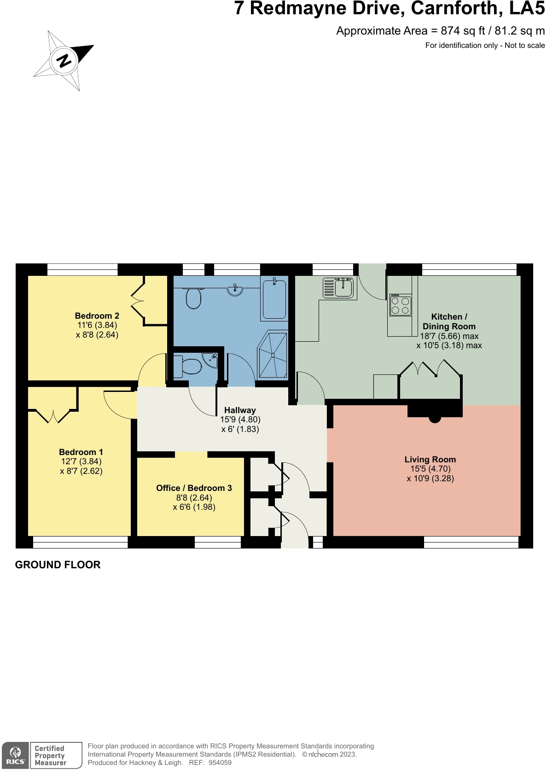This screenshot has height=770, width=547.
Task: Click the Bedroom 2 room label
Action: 97,315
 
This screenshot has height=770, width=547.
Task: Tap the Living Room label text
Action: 430,459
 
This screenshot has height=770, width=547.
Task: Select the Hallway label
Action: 240,410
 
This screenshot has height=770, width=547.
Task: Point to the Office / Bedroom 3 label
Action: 194,488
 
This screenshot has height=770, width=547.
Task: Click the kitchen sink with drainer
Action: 338,288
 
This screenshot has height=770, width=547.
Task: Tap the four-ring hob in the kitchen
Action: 400,305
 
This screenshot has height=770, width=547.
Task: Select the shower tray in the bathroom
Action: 273,355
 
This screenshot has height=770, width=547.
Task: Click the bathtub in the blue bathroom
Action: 274,299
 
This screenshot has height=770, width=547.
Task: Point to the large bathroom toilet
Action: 193,298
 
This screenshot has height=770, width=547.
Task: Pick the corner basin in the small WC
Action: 211,360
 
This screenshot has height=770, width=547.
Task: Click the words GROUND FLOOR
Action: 58,565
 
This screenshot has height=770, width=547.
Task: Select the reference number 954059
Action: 220,763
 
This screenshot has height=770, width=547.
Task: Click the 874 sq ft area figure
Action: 463,31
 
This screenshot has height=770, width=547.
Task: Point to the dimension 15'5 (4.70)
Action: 430,468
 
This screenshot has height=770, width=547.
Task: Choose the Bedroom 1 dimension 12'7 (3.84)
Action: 81,461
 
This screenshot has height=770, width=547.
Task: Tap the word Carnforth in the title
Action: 454,8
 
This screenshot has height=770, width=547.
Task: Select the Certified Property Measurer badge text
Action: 50,755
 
